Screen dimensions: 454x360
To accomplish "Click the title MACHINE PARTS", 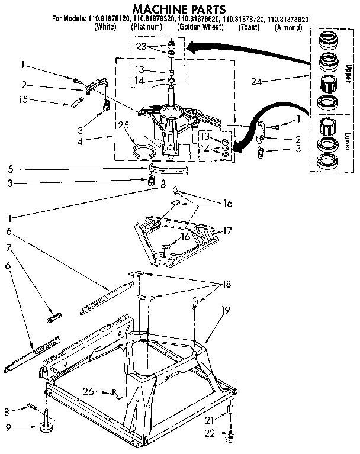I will pyautogui.click(x=179, y=8).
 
